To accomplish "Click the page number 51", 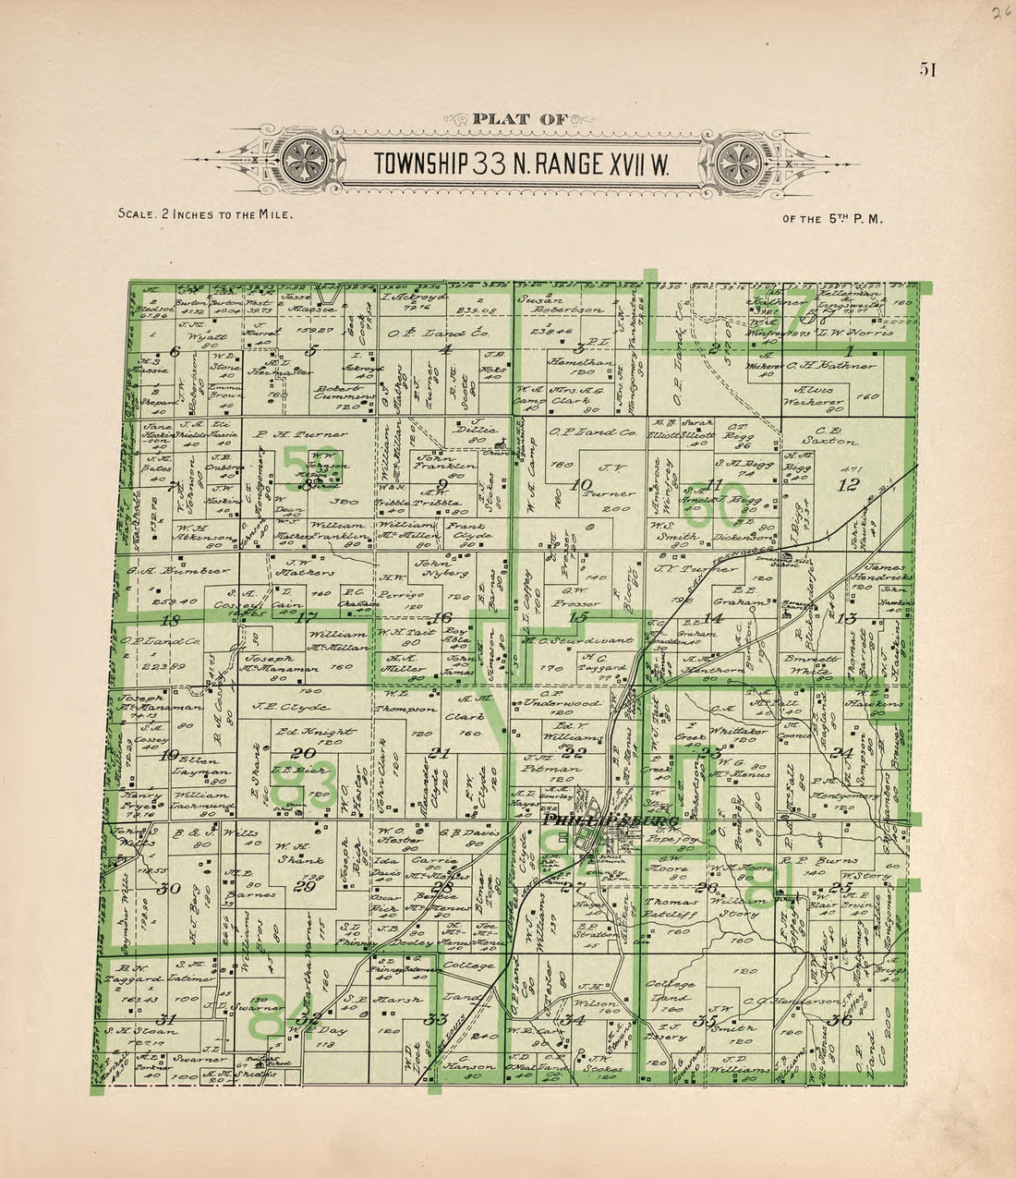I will coord(928,70).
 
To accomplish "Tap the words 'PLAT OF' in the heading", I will coord(514,118).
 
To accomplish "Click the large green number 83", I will coord(305,785).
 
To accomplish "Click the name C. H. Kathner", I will coord(831,366).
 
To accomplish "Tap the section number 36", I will coord(841,1020).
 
